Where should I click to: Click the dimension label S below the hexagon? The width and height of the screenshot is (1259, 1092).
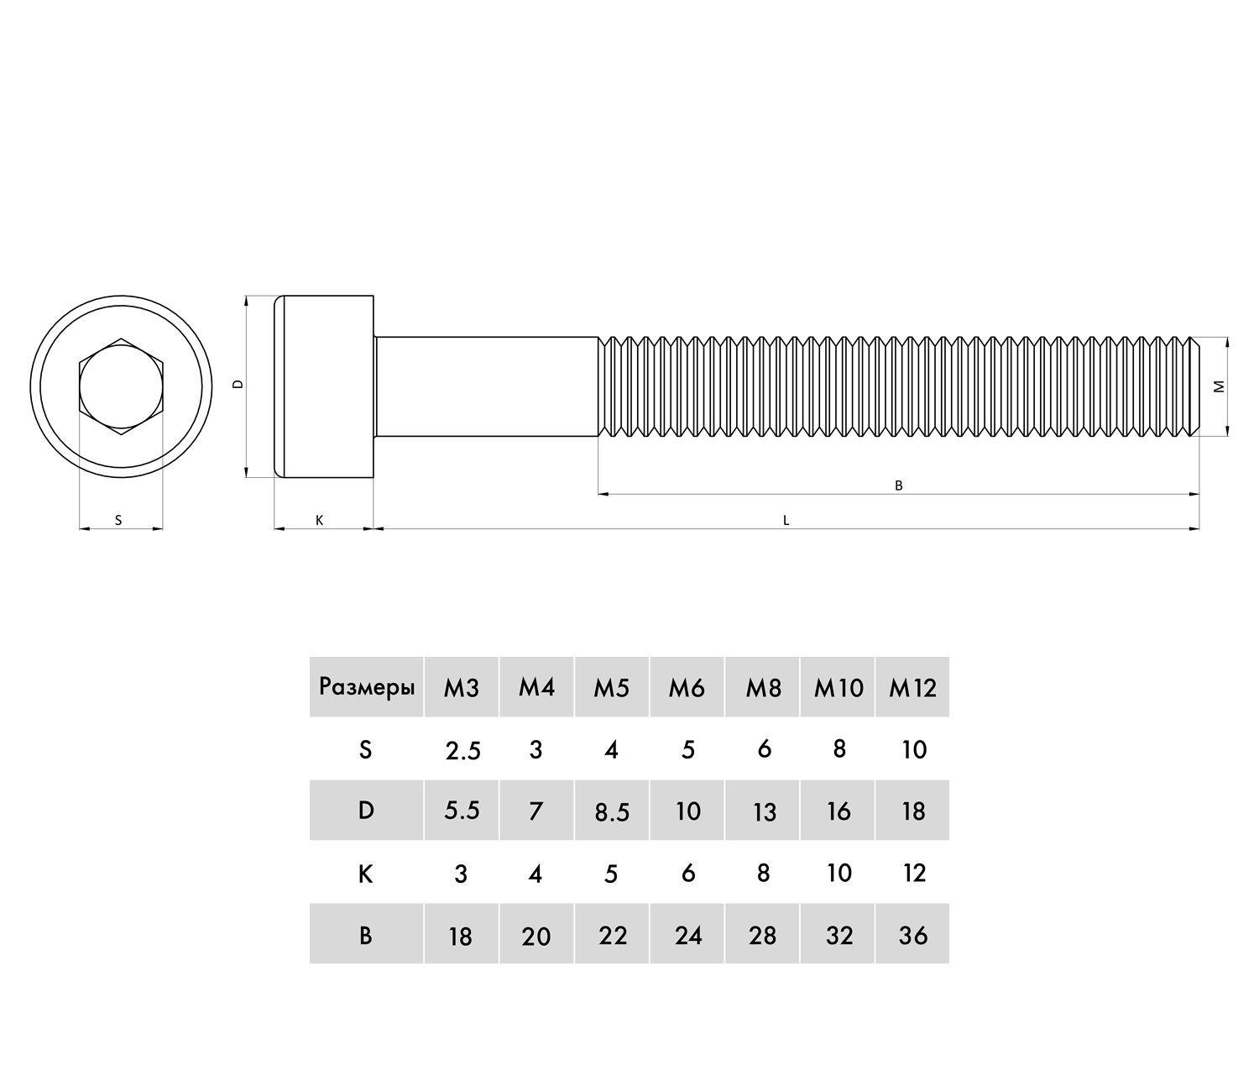pos(118,520)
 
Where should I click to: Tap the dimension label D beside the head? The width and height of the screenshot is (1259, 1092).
pos(238,384)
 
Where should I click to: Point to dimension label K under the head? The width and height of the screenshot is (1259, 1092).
pos(319,520)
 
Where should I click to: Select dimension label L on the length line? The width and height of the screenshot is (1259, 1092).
pos(786,520)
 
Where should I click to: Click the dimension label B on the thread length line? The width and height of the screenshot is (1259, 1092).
pos(898,486)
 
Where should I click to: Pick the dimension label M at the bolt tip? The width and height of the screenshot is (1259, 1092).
pos(1219,386)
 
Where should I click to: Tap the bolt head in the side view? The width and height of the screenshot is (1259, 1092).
pos(324,386)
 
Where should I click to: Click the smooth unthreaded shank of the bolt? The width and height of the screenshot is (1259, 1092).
pos(487,386)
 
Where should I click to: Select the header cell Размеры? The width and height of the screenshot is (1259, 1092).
pos(367,687)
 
